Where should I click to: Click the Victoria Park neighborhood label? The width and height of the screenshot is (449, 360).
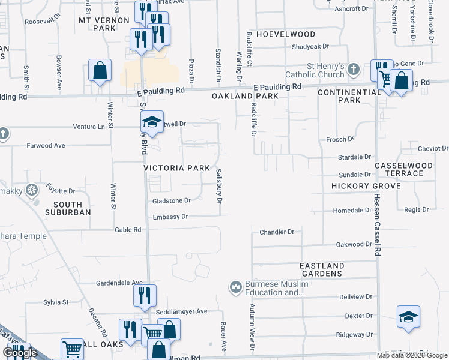pyautogui.click(x=176, y=168)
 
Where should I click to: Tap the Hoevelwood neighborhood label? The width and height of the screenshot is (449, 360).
pyautogui.click(x=286, y=35)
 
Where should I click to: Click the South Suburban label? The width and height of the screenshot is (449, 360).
pyautogui.click(x=68, y=208)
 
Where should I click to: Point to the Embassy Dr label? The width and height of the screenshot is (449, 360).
pyautogui.click(x=170, y=217)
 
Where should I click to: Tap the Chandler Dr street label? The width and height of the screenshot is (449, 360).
pyautogui.click(x=277, y=232)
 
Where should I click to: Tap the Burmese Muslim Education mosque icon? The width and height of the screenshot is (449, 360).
pyautogui.click(x=235, y=289)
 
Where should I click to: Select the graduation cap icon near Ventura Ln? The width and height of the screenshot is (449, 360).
pyautogui.click(x=152, y=122)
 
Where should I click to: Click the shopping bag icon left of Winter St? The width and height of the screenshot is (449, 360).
pyautogui.click(x=100, y=70)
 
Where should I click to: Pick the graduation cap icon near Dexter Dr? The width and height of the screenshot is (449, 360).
pyautogui.click(x=408, y=317)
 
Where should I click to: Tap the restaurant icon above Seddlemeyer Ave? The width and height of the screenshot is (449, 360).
pyautogui.click(x=145, y=295)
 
